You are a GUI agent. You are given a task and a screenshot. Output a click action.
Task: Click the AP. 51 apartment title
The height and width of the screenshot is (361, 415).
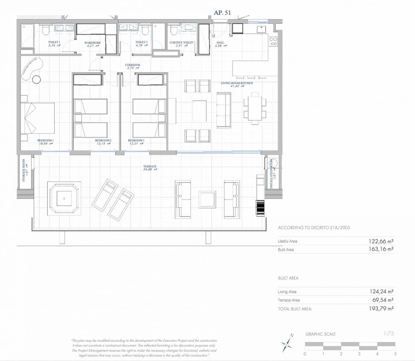coord(222,13)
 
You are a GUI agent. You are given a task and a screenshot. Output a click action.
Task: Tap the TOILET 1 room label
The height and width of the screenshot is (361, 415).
coord(54,42)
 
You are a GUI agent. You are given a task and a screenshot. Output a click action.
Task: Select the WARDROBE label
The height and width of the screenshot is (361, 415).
coord(92,43)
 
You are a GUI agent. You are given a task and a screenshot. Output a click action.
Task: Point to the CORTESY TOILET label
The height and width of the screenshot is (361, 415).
coord(181,42)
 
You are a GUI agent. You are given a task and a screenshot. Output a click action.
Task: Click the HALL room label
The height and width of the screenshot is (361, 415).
coord(220,43)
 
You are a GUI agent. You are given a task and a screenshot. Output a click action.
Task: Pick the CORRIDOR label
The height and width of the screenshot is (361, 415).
coord(132,65)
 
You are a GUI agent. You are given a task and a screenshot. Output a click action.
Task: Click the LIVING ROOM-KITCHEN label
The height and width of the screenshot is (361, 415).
coord(237,83)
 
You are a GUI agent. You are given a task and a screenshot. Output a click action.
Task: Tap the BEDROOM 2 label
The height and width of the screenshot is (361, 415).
coord(103,140)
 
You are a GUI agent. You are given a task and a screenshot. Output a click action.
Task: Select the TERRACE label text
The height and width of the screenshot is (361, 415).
coord(150,166)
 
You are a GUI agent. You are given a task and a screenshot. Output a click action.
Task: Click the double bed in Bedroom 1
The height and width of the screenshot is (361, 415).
coord(37,118)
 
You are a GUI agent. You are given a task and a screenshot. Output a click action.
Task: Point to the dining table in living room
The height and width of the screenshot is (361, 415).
coord(255,108)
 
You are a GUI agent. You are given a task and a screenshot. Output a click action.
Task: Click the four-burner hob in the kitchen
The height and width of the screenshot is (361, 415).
coord(273,42)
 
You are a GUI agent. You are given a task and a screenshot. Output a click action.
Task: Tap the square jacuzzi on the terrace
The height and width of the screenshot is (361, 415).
coord(64,199)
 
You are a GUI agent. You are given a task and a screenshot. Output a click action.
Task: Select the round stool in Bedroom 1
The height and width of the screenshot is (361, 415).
coord(36,79)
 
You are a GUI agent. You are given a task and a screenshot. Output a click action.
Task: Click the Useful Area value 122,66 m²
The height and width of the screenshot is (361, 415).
coord(381,241)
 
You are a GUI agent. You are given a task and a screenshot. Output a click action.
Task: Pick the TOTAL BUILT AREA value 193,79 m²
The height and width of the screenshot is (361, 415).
coord(381,309)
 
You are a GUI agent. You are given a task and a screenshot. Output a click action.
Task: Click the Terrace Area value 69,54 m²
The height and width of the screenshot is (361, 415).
coord(382,300)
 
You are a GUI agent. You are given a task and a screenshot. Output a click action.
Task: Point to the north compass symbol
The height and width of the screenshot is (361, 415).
coord(287,343)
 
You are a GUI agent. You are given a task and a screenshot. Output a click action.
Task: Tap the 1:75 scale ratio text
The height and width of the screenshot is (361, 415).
coord(389,334)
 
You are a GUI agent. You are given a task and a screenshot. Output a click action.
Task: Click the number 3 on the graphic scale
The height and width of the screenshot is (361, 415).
coord(359,354)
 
